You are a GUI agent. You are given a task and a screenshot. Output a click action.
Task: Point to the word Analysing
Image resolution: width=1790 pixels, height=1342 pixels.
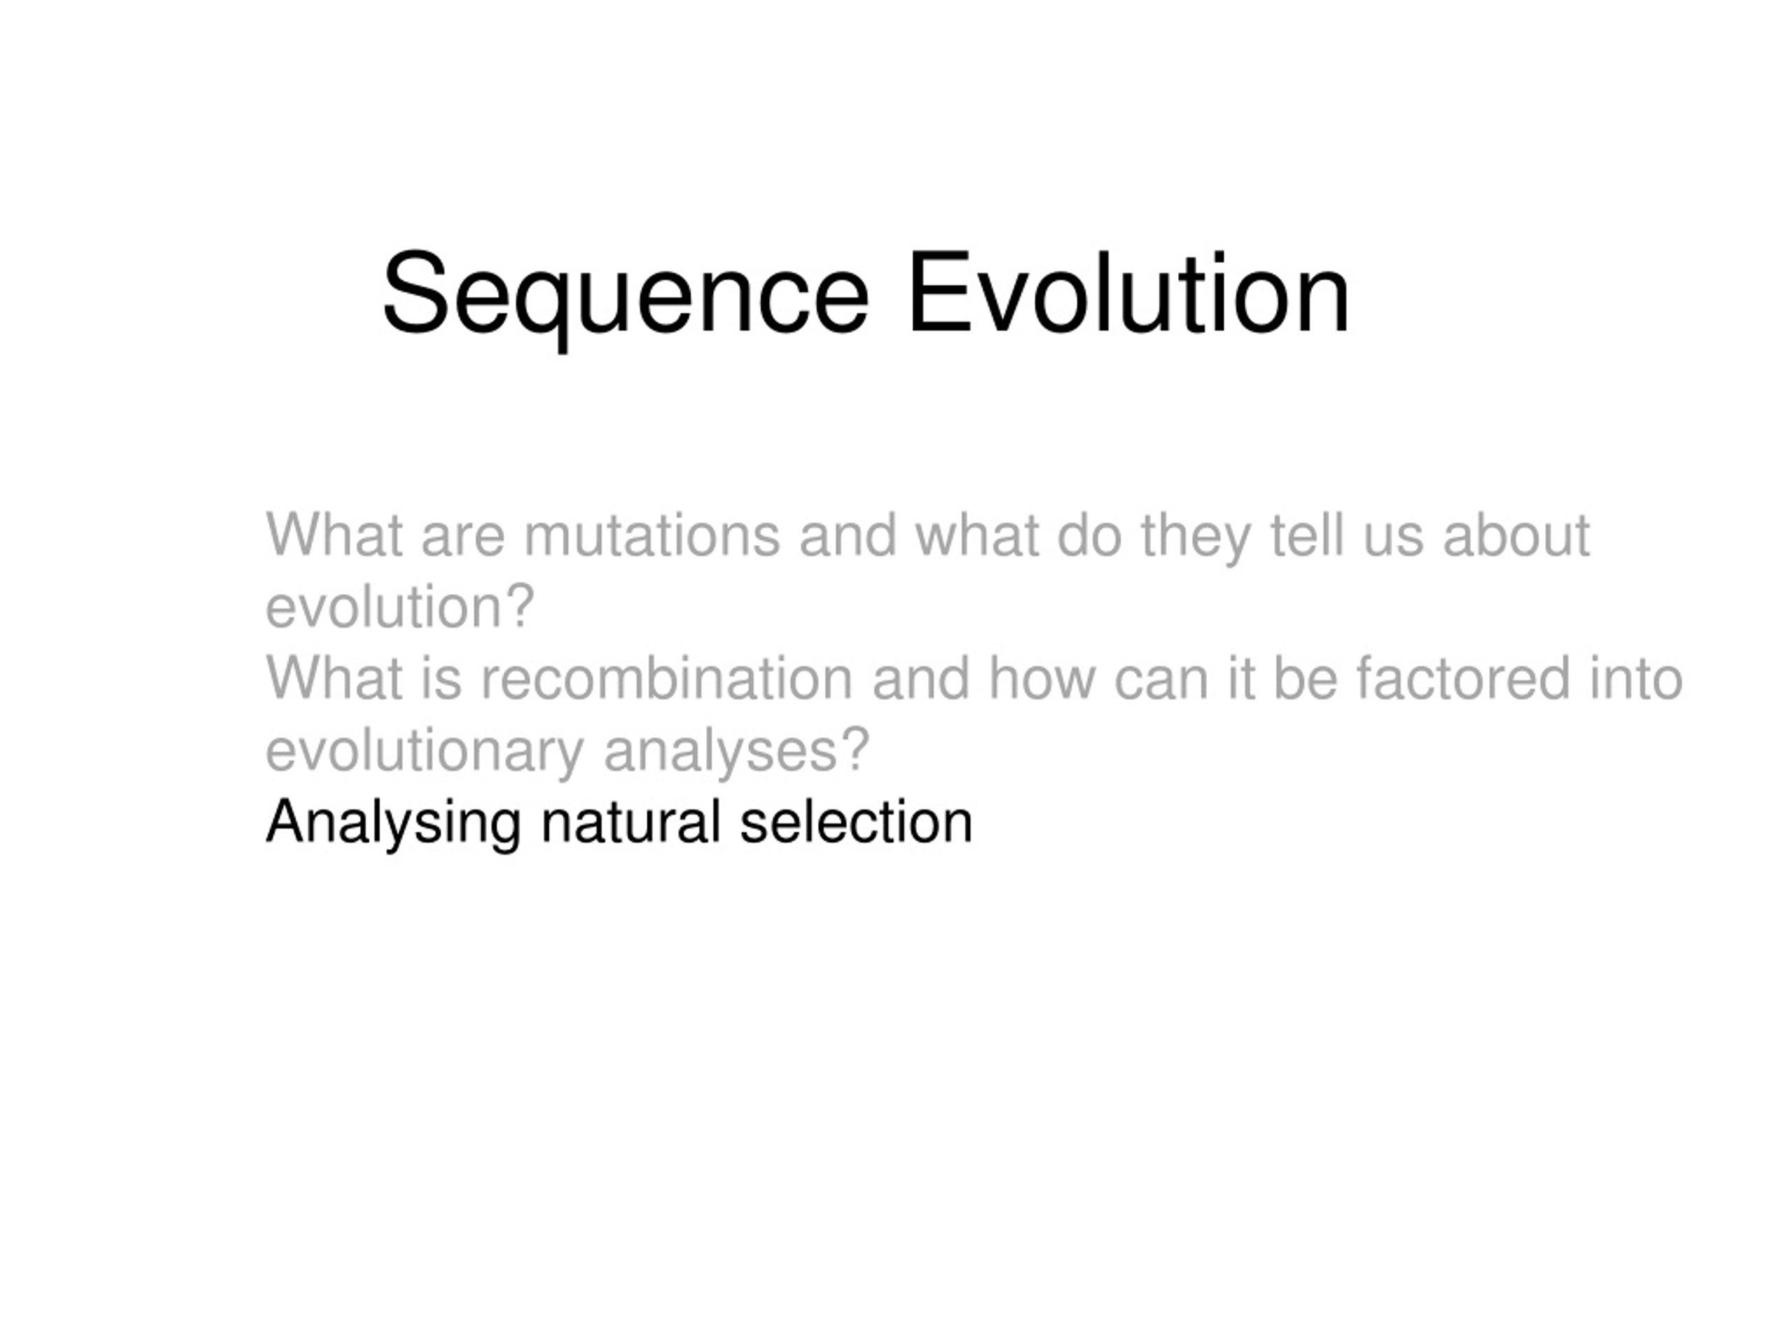coord(393,823)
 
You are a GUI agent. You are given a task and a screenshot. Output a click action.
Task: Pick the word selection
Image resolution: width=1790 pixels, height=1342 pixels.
coord(855,823)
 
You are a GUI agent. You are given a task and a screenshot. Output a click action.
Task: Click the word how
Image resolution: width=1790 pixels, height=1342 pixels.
coord(1040,679)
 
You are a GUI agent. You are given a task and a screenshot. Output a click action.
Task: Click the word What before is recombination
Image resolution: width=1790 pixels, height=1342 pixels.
coord(334,679)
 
